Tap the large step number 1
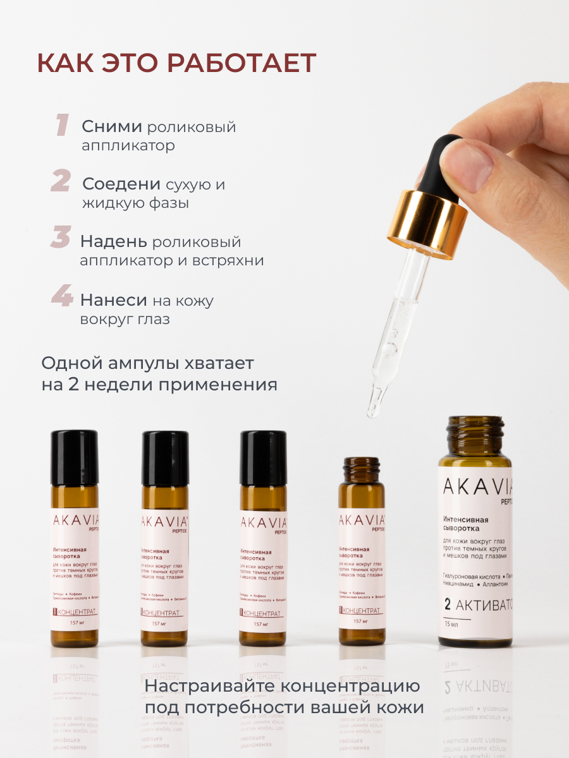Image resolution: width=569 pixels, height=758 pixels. (x=61, y=125)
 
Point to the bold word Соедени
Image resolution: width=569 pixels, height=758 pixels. (x=121, y=184)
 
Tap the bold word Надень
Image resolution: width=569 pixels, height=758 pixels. (x=113, y=241)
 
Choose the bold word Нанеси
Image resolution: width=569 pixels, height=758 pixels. (x=114, y=300)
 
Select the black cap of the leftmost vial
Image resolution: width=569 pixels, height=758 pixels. (x=74, y=448)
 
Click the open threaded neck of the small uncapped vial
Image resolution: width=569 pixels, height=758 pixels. (x=362, y=468)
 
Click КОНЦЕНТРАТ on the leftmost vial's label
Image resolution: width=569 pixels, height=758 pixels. (x=78, y=612)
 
